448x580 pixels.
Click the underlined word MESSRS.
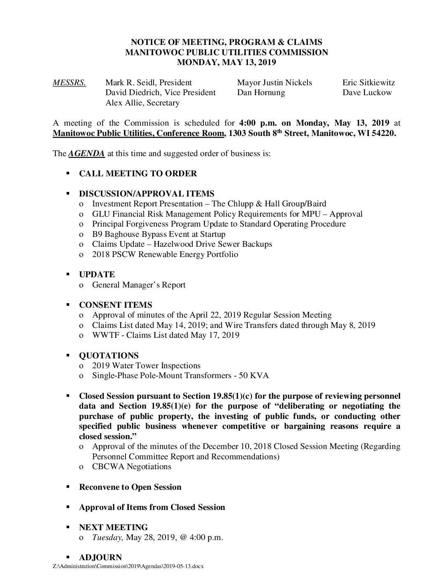[69, 82]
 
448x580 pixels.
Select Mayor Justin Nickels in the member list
[275, 82]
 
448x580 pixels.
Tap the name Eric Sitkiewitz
[369, 82]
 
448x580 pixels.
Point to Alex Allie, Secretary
[142, 103]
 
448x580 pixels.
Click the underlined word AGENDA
[86, 154]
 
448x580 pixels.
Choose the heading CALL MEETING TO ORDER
[138, 173]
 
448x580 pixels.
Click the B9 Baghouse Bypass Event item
[159, 234]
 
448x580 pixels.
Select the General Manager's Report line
[139, 285]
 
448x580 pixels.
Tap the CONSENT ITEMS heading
[115, 305]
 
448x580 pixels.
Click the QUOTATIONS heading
[109, 355]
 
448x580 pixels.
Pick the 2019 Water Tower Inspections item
[146, 365]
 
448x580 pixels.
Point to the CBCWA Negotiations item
[132, 466]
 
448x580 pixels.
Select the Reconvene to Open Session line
[130, 487]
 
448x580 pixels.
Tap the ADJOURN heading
[100, 557]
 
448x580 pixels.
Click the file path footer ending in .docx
[128, 566]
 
